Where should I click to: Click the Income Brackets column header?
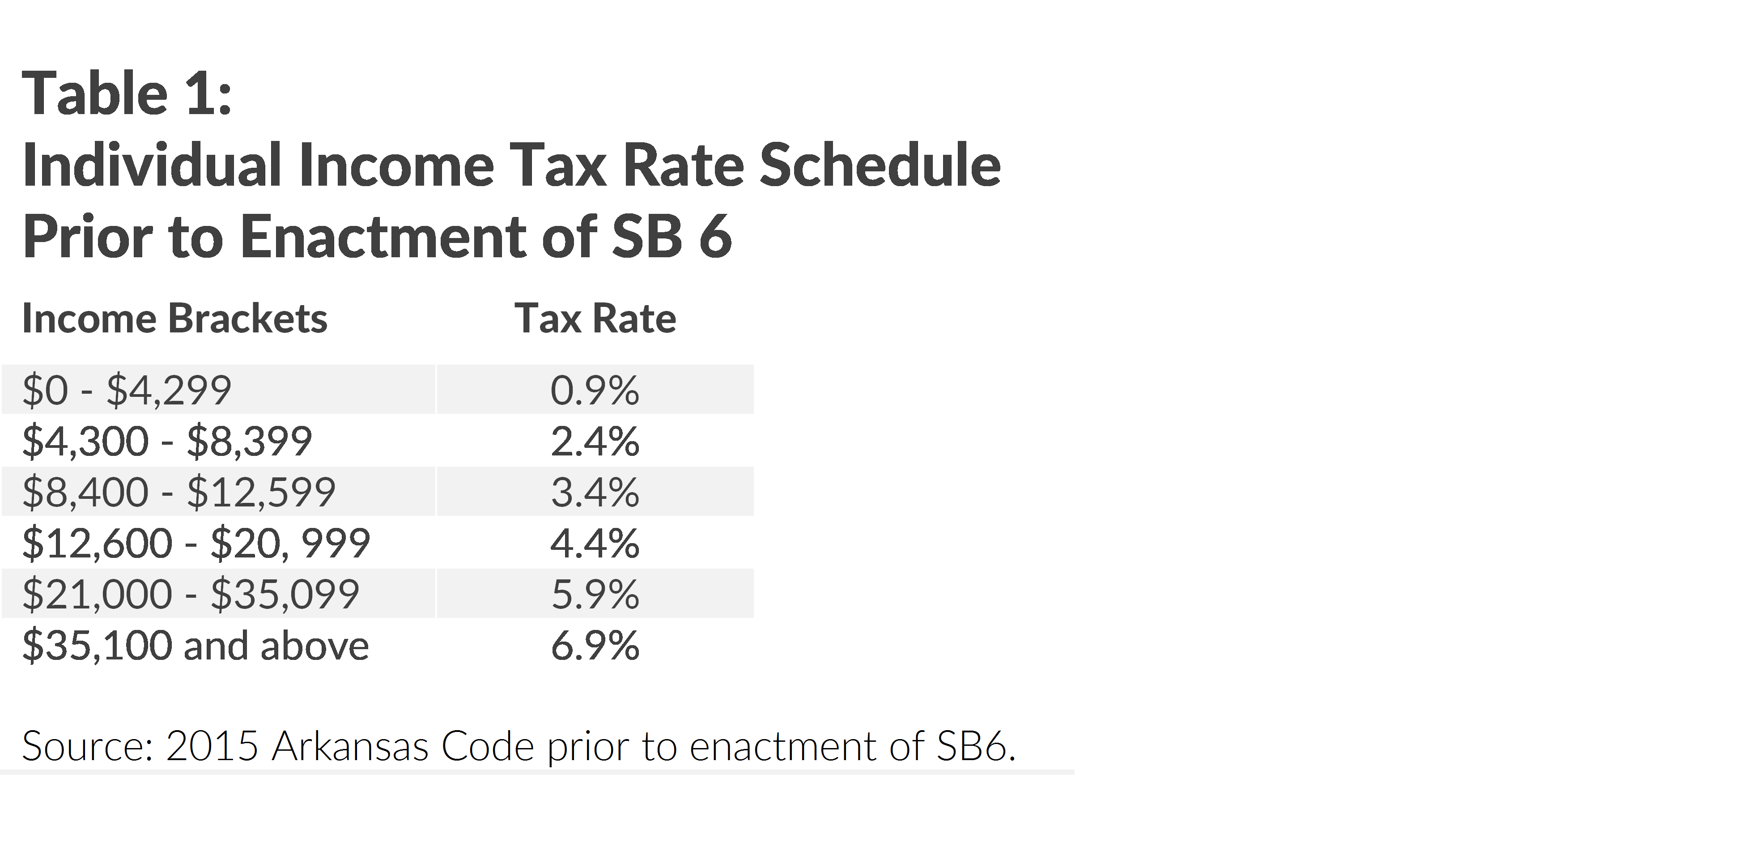pos(174,319)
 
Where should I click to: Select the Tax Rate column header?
pos(595,319)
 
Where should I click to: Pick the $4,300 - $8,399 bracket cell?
pos(167,442)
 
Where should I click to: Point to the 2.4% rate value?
pos(595,442)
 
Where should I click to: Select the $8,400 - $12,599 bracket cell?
pos(179,492)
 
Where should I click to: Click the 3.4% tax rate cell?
pos(595,492)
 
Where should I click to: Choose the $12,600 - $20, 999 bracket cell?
pos(196,543)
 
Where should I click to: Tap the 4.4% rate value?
pos(595,543)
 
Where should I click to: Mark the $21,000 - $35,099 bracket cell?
pos(191,594)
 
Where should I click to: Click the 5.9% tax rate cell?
pos(595,594)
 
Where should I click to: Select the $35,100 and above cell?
pos(196,646)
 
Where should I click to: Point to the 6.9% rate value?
pos(595,646)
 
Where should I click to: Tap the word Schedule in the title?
pos(880,166)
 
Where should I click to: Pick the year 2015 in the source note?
pos(212,746)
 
